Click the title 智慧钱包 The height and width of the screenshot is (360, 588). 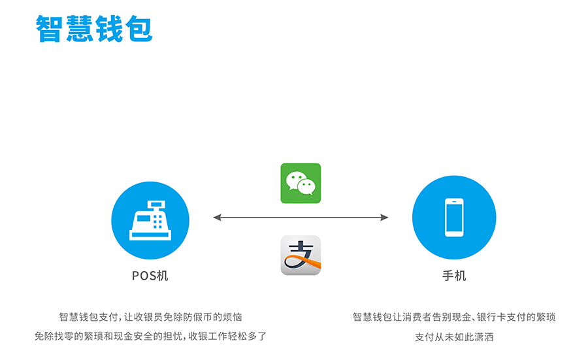(x=94, y=29)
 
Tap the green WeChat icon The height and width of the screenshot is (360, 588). (x=301, y=183)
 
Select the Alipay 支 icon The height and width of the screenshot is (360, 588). (x=301, y=255)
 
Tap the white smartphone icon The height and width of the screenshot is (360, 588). (x=454, y=217)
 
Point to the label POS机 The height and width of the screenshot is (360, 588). (x=150, y=276)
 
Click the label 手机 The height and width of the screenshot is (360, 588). (x=454, y=276)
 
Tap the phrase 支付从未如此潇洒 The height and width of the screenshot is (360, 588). (x=455, y=337)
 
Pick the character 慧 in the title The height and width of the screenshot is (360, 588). (x=79, y=29)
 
